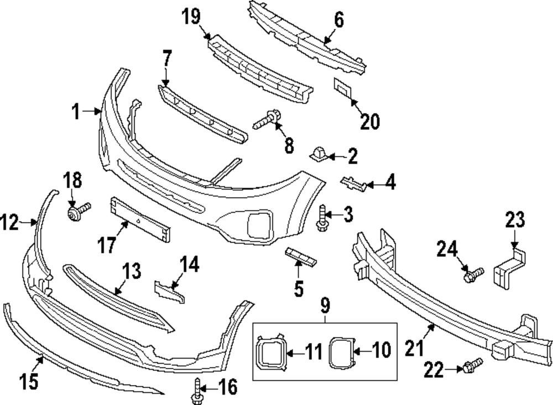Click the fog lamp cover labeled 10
(340, 352)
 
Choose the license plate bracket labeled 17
(141, 220)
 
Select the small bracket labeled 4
(354, 184)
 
